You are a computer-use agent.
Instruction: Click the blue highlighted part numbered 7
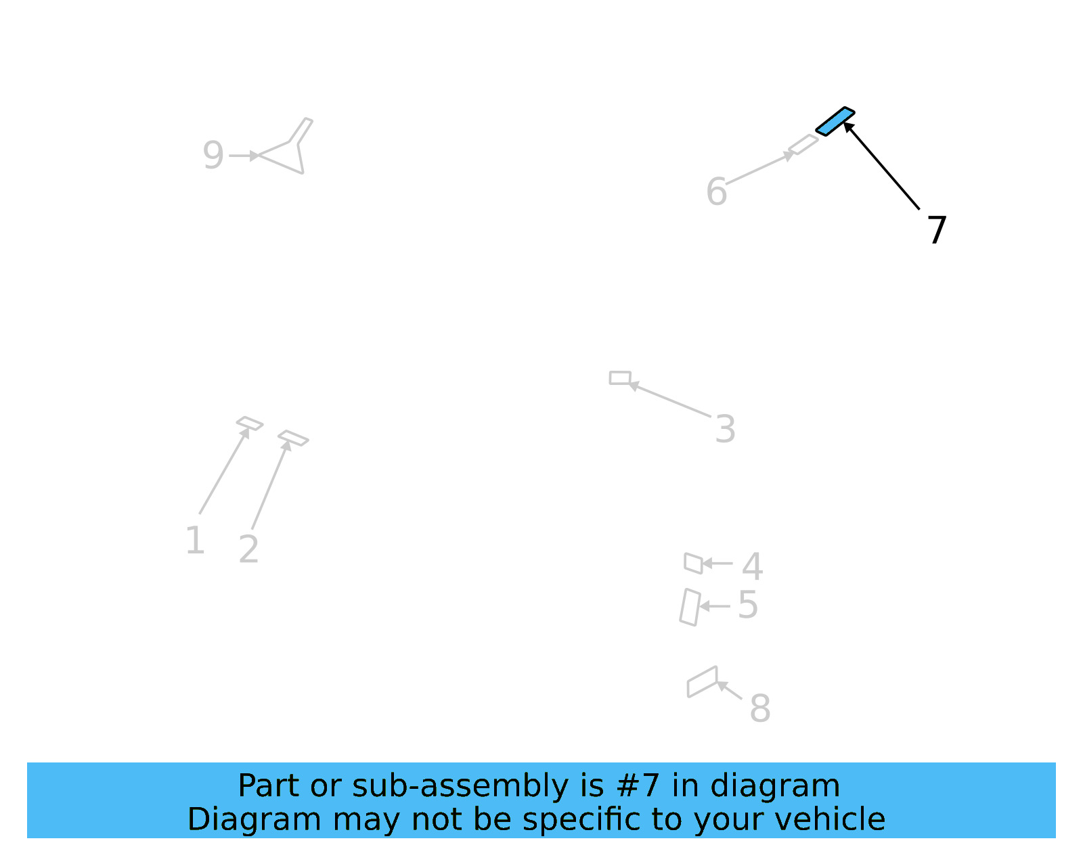835,121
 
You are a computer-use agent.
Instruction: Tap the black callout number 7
936,230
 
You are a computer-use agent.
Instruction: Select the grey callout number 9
213,155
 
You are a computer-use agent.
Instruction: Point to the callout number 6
716,191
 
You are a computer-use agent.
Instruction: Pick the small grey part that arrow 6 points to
803,144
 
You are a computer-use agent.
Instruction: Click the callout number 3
725,429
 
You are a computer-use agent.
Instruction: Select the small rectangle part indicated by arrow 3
620,378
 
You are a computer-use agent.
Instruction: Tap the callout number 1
195,541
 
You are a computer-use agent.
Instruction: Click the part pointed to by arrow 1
250,423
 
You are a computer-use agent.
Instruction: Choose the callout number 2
248,549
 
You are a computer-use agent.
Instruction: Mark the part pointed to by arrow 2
293,438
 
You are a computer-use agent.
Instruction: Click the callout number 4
752,566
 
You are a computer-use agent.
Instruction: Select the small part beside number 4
693,563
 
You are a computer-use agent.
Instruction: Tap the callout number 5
747,604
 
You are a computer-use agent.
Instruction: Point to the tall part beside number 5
690,607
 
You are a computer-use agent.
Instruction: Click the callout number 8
759,708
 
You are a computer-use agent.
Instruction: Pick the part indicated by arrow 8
702,682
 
